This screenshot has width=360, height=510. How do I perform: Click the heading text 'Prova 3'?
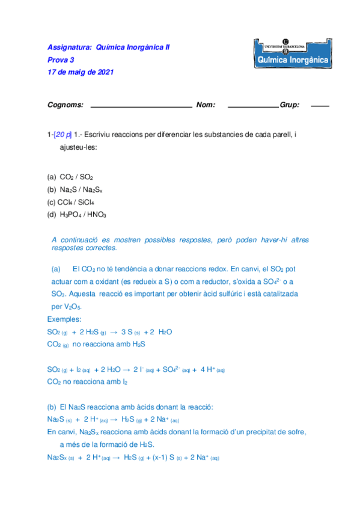click(x=61, y=60)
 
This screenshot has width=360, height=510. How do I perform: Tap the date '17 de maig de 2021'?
click(x=80, y=72)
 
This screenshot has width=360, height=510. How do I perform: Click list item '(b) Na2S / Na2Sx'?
click(x=75, y=189)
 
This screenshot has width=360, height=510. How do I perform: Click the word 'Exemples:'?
click(x=64, y=319)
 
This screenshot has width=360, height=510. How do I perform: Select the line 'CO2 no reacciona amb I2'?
click(x=87, y=381)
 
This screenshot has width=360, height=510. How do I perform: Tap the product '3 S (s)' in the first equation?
click(x=130, y=332)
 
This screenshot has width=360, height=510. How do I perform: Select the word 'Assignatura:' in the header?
click(x=68, y=47)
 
